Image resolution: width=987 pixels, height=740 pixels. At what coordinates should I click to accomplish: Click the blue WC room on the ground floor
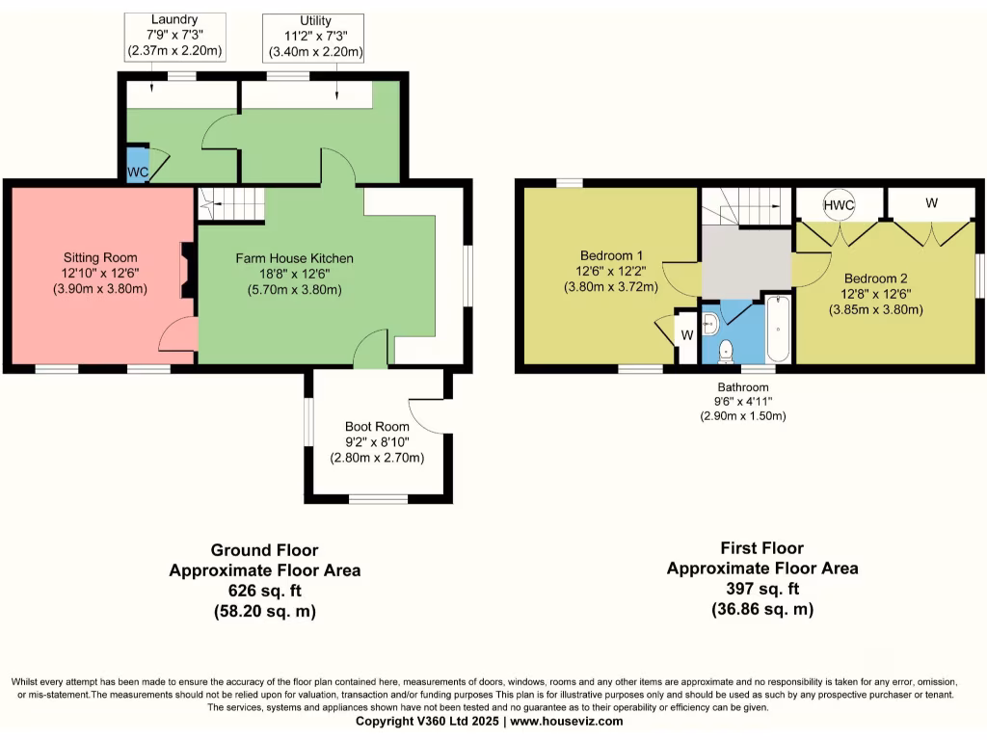(x=138, y=165)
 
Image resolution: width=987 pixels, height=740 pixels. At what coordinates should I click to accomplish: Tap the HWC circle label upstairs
(x=839, y=205)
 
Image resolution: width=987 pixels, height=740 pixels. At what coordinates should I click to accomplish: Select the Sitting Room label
(x=100, y=257)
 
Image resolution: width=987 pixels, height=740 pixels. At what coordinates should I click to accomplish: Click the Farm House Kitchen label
(x=295, y=258)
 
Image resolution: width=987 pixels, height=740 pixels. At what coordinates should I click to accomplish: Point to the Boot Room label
(x=377, y=426)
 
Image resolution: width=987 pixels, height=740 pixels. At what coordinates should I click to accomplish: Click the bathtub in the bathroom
(x=779, y=329)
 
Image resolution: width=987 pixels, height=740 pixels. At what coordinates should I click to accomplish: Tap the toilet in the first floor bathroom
(x=726, y=351)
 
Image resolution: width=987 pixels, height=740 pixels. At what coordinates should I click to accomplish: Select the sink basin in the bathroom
(x=710, y=324)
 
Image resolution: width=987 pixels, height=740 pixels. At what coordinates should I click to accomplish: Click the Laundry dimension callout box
(x=175, y=38)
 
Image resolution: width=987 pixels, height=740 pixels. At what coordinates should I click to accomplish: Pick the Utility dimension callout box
(x=313, y=38)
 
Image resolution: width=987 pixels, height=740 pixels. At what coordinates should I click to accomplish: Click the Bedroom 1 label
(x=611, y=255)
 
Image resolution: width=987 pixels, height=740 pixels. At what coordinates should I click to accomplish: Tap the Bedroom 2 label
(x=875, y=278)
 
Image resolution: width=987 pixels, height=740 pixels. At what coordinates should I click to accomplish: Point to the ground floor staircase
(x=231, y=204)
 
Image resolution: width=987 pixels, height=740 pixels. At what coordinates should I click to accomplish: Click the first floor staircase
(x=747, y=206)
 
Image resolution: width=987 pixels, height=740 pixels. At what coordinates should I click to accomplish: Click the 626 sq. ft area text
(x=264, y=591)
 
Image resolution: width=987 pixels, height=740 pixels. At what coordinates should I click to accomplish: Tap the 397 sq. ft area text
(x=762, y=589)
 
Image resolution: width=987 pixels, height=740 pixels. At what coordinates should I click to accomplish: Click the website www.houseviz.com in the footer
(x=567, y=721)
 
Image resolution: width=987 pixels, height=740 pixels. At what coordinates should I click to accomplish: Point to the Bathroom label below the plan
(x=743, y=387)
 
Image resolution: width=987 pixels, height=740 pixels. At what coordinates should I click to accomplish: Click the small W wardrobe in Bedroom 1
(x=686, y=335)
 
